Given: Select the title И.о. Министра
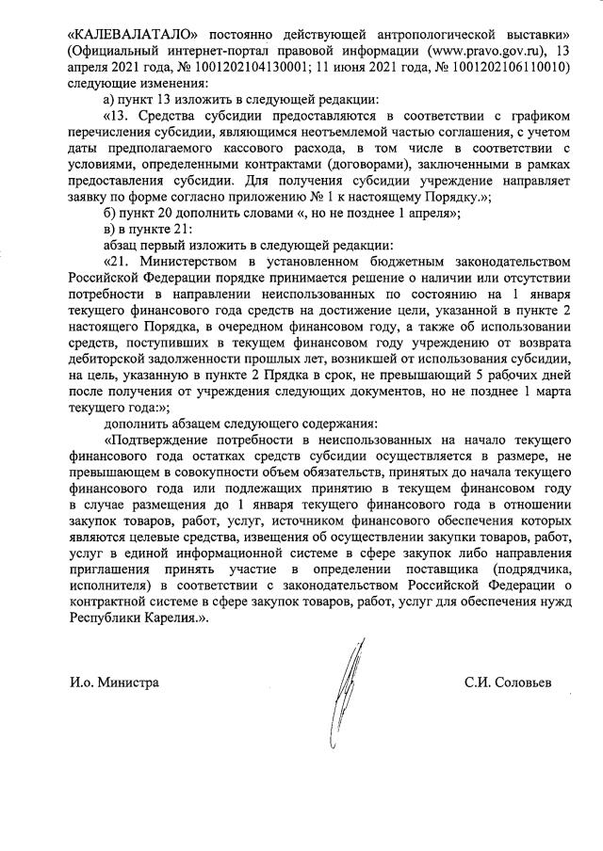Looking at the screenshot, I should pyautogui.click(x=114, y=682).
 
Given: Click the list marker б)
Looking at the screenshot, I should pyautogui.click(x=111, y=213).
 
